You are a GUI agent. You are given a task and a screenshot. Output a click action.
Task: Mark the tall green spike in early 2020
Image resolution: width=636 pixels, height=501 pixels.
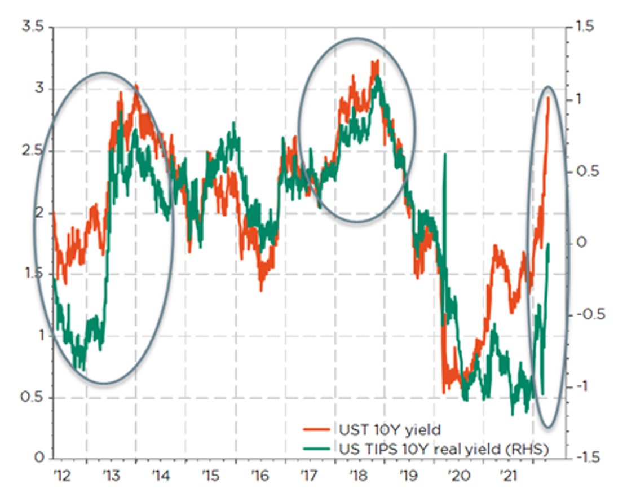click(x=445, y=155)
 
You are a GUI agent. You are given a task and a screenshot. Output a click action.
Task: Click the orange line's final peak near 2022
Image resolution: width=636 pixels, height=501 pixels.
click(x=548, y=98)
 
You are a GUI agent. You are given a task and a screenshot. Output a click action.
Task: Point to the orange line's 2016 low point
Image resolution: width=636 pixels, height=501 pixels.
click(x=261, y=290)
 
